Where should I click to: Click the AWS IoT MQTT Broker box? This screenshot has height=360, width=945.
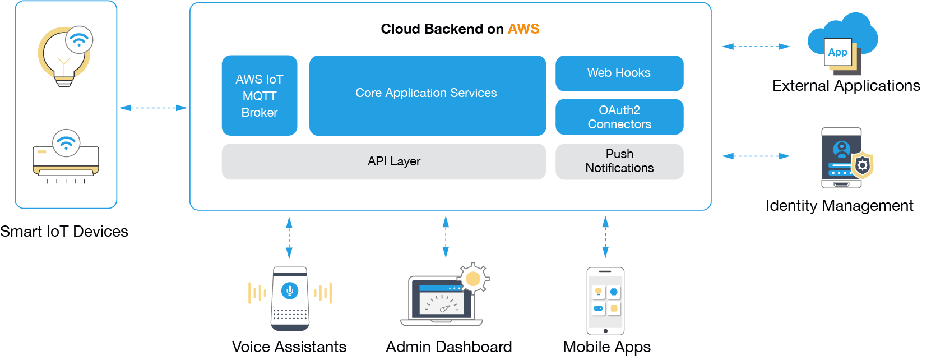click(260, 95)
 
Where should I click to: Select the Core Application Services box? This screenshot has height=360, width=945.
click(427, 95)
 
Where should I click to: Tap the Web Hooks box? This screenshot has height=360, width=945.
click(619, 73)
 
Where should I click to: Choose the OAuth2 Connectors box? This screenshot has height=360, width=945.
click(619, 117)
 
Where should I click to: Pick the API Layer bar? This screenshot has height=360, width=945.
click(383, 161)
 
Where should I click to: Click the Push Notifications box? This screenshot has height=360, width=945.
click(619, 161)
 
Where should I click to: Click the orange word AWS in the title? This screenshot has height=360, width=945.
click(524, 29)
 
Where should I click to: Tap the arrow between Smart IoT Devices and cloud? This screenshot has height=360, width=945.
click(153, 108)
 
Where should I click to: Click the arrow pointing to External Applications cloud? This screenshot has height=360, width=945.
click(756, 47)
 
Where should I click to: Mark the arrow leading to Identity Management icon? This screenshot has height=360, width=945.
click(756, 156)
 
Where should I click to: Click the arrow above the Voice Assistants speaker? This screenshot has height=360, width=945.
click(289, 238)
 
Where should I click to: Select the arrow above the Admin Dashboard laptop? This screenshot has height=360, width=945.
click(446, 238)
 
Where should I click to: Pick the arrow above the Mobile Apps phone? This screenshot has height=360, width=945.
click(605, 238)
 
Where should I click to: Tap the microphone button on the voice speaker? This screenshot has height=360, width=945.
click(290, 290)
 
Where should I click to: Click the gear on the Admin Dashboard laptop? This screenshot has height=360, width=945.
click(473, 279)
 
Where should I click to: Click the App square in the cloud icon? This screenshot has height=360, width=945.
click(838, 52)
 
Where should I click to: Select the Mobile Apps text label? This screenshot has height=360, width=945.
click(606, 347)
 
